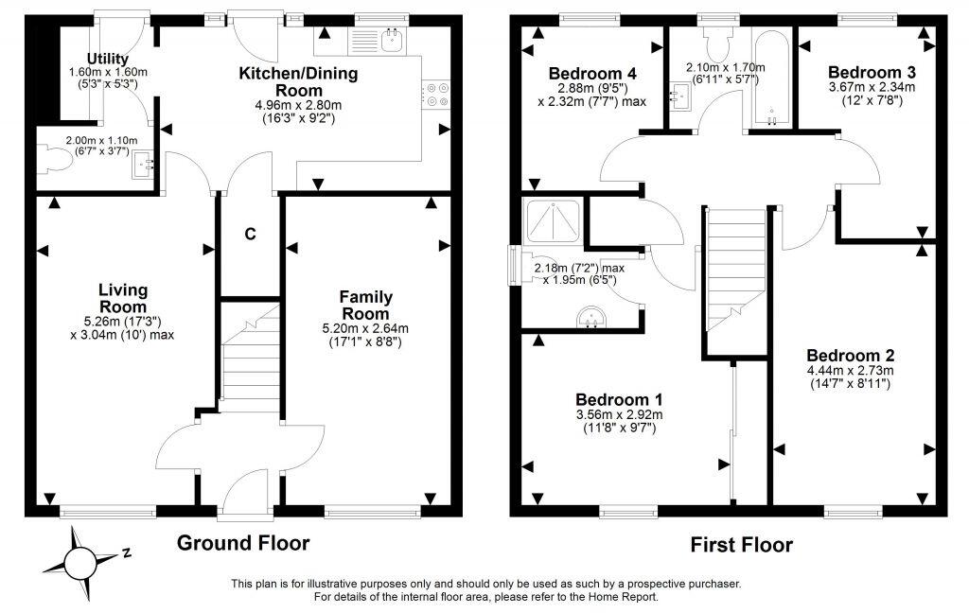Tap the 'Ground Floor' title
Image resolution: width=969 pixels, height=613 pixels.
click(243, 543)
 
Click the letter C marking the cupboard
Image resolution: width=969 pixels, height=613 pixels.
click(251, 233)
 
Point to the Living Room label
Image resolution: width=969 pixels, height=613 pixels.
click(124, 298)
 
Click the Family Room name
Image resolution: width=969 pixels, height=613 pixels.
click(365, 306)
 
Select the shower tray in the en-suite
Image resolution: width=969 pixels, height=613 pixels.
click(553, 222)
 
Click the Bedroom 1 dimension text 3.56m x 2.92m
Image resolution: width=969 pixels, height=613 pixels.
click(619, 414)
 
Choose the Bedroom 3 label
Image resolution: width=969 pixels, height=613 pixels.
click(866, 72)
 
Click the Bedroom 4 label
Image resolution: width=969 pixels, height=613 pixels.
click(591, 74)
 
